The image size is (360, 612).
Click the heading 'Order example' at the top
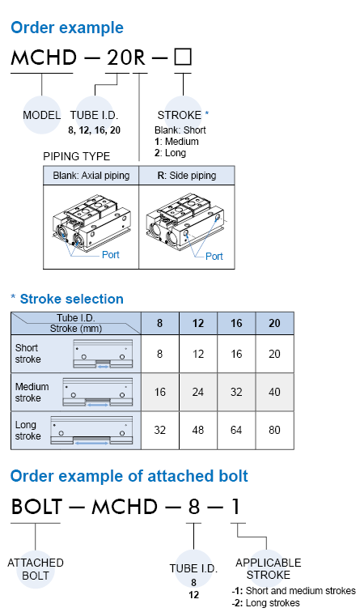click(67, 28)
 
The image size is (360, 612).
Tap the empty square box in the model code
click(183, 57)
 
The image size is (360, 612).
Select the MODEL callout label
click(42, 115)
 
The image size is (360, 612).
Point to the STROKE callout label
click(180, 115)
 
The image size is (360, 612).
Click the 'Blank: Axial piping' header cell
click(91, 176)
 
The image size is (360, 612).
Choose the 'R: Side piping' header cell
click(187, 176)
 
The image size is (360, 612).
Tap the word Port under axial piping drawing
click(110, 255)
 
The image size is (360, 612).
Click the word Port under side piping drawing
click(214, 257)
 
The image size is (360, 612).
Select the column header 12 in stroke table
click(198, 323)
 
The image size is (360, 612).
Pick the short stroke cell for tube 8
click(160, 354)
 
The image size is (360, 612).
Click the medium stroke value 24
click(198, 392)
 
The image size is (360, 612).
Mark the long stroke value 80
click(274, 430)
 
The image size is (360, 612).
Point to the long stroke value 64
click(236, 430)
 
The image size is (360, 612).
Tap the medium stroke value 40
click(274, 392)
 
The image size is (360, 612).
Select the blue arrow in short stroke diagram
click(104, 367)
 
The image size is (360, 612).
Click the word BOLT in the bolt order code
click(36, 507)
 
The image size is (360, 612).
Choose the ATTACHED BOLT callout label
click(36, 569)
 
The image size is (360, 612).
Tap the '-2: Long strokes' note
click(265, 603)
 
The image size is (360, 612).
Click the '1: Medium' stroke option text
click(176, 142)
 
